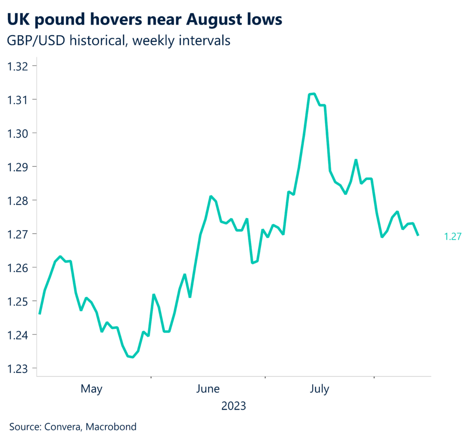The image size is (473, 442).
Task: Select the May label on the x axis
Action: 91,389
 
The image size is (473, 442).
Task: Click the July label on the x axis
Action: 319,389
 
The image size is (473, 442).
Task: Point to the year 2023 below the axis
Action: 233,406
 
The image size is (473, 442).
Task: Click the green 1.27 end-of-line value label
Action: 452,237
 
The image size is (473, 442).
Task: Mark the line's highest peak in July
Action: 314,94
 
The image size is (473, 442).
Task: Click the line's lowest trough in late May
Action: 133,357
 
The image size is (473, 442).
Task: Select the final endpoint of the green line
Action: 418,235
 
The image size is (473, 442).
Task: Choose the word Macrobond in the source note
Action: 113,427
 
